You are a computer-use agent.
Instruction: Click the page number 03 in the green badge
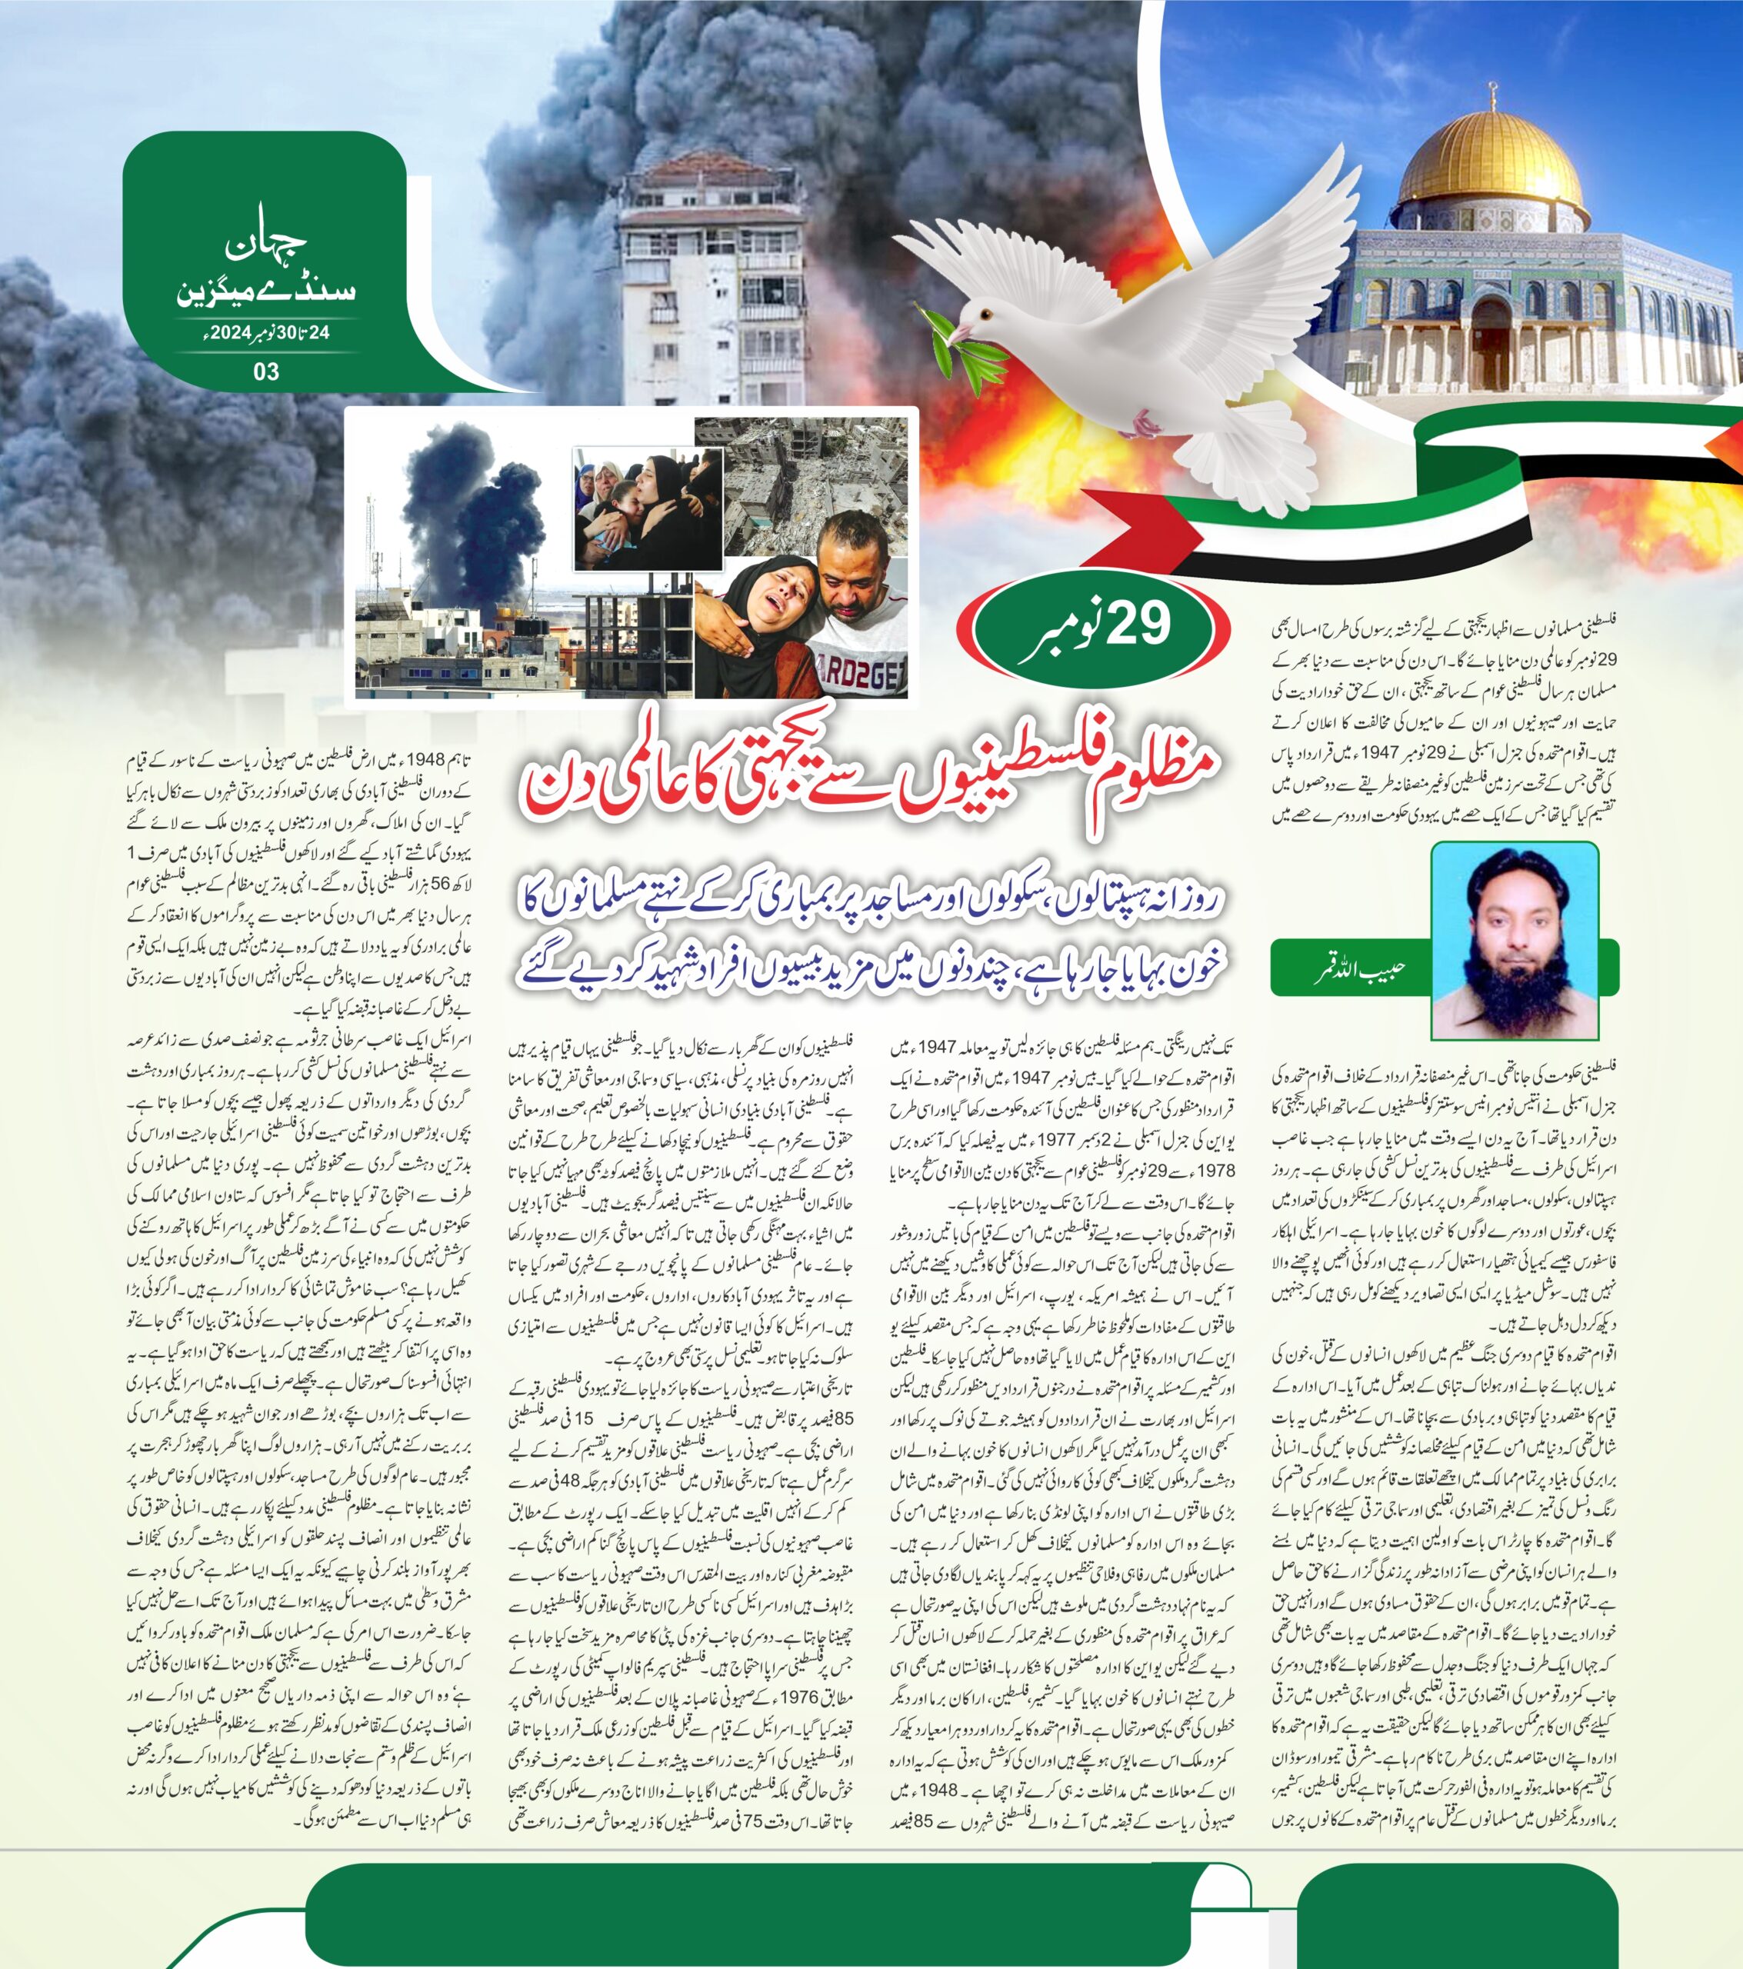(x=266, y=371)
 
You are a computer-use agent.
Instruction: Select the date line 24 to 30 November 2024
(x=267, y=333)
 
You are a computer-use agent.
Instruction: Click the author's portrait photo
(x=1514, y=939)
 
